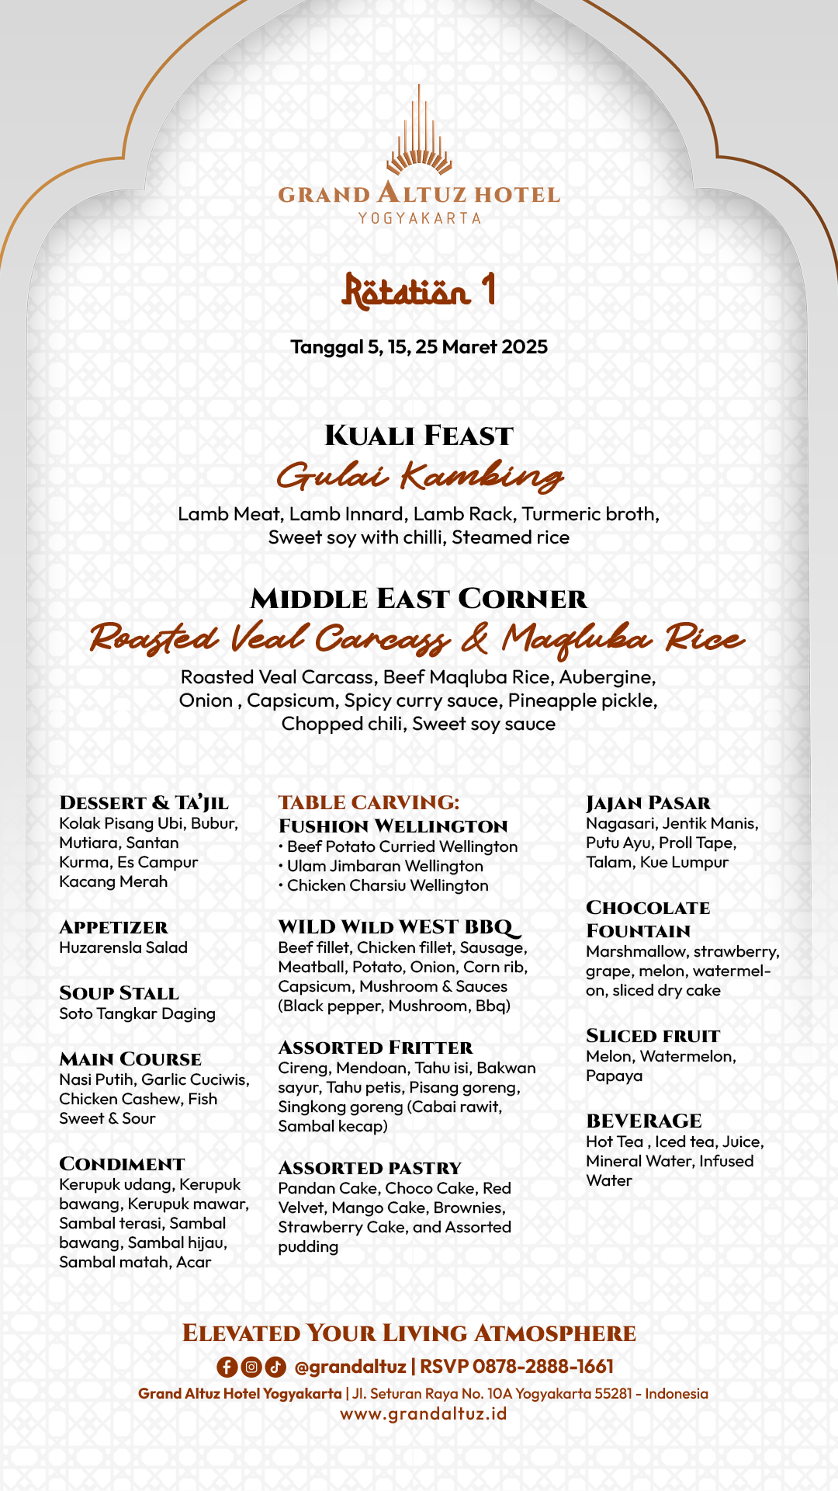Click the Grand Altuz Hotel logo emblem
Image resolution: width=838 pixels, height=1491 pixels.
coord(419,132)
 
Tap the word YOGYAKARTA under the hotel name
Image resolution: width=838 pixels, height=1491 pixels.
coord(419,218)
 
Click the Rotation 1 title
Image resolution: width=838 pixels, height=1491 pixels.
coord(419,290)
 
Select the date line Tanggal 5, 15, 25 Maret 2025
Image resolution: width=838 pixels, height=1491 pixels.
coord(419,347)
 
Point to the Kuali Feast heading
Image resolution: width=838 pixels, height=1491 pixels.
coord(419,436)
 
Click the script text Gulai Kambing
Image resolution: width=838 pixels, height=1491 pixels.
coord(419,476)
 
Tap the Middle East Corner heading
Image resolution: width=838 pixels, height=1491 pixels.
coord(419,599)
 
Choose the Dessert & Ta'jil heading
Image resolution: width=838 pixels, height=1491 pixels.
coord(144,803)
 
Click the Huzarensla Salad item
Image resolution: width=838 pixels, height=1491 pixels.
coord(123,947)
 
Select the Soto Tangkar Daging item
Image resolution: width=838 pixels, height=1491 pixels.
coord(137,1013)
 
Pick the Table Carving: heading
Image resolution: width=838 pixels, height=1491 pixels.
coord(369,802)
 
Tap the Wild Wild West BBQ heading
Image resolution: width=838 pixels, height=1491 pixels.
coord(398,927)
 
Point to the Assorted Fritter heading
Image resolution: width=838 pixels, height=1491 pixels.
coord(376,1048)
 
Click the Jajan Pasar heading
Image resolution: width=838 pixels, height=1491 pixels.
coord(649,803)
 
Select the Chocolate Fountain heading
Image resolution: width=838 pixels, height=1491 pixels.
coord(648,919)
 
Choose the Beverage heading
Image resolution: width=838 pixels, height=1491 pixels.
coord(644,1121)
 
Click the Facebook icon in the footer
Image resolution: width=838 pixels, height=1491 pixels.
coord(227,1367)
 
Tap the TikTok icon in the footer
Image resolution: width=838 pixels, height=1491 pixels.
coord(275,1367)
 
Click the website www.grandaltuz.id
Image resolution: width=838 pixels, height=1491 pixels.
coord(424,1413)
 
